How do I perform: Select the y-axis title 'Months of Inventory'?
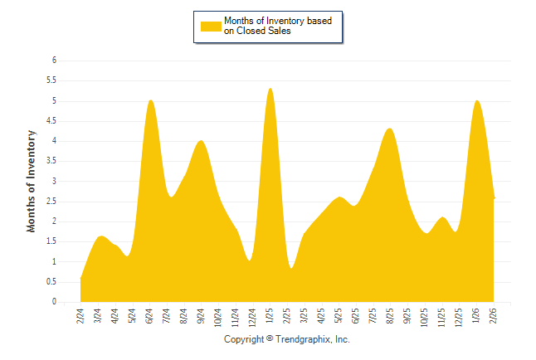[x=32, y=181]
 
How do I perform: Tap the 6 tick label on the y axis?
[x=54, y=61]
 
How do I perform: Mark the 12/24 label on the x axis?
[x=252, y=317]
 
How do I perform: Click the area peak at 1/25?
[x=270, y=89]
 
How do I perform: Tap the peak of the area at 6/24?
[x=150, y=100]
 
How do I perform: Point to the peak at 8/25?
[x=390, y=129]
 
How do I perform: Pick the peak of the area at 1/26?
[x=476, y=100]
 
